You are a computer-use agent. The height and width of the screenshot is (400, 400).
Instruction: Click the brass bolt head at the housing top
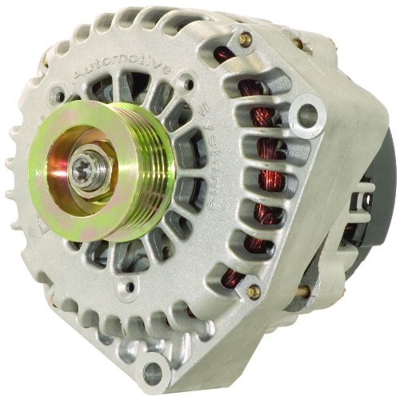click(x=245, y=38)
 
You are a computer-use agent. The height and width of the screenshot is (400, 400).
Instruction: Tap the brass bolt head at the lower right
click(x=255, y=292)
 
